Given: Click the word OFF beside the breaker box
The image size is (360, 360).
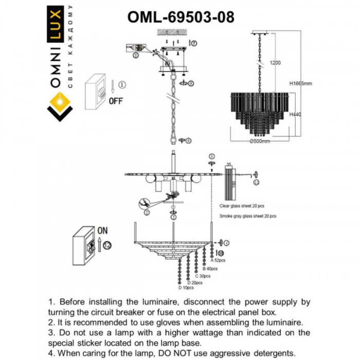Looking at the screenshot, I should coord(116,101).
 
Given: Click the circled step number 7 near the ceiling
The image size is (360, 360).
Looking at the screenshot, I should coord(193,44).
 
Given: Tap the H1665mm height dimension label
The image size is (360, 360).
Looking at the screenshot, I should coord(301,84).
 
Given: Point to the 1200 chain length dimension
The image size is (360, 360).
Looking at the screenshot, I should coord(275,63).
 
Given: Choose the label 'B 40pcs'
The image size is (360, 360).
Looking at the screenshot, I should coord(210,268).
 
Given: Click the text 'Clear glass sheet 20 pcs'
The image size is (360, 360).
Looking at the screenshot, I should coord(242,205).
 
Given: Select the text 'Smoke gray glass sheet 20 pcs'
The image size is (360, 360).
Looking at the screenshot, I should coord(247,217).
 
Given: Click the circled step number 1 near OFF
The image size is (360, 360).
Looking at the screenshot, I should coord(121,84).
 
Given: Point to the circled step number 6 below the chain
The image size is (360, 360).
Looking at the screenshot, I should coord(189,140).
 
